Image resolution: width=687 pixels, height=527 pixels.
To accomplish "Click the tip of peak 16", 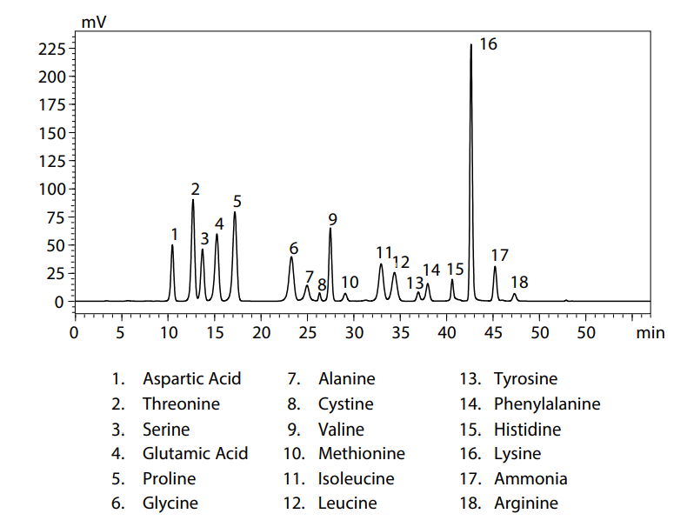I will coord(471,44).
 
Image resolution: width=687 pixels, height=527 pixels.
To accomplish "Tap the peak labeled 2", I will coord(193,200).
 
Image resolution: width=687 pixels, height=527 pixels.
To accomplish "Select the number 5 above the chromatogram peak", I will coord(237,202).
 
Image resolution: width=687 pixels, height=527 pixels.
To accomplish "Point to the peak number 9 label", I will coord(332,218).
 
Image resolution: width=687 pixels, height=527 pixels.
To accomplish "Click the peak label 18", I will coord(519,283).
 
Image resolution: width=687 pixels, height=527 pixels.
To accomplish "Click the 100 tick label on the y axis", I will coord(53,189).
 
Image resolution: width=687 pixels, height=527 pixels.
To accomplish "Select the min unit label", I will coord(650,332).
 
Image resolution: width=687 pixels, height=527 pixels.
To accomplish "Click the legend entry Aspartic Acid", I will coord(191,379).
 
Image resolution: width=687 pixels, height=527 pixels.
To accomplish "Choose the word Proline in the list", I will coord(169,478).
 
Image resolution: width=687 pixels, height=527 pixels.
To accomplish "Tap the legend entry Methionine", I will coord(361,454).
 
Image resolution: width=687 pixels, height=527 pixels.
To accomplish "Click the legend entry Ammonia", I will coord(530,478).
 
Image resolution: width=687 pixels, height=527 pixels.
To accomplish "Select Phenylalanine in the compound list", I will coord(546,404).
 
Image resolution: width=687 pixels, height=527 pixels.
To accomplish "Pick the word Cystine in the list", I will coord(345,404).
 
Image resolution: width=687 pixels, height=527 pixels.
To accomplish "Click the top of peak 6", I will coord(291,257).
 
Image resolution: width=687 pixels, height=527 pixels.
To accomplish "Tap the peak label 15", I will coord(455,270).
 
